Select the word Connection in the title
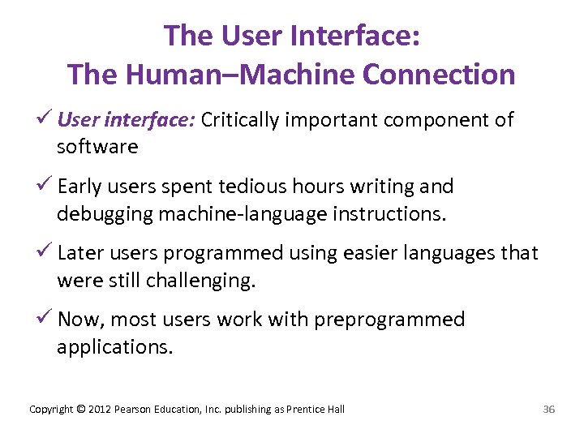tap(439, 75)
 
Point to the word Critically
tap(240, 120)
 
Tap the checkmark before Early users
tap(46, 186)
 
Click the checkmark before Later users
tap(46, 252)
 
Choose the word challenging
tap(200, 280)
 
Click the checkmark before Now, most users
tap(46, 319)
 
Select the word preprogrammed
tap(389, 320)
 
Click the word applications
tap(114, 346)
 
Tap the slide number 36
tap(548, 409)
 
